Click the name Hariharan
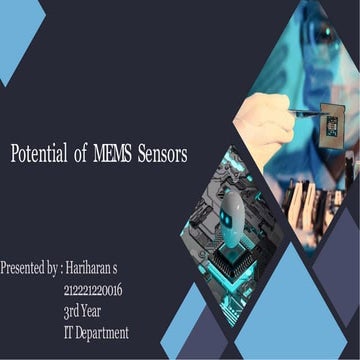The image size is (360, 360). tap(90, 268)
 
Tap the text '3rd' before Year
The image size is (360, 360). tap(73, 311)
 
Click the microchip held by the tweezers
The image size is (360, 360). tap(332, 124)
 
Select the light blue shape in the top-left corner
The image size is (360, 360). tap(18, 35)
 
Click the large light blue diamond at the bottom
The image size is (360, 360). tap(276, 310)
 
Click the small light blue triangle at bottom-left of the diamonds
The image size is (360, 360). tap(183, 325)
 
